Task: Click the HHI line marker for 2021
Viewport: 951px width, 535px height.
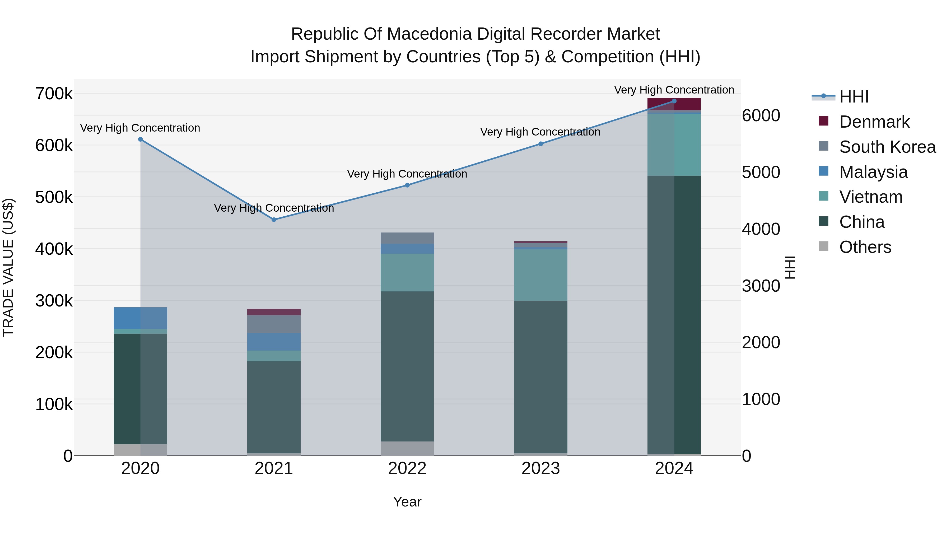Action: [274, 220]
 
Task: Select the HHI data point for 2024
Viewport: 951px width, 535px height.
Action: [674, 101]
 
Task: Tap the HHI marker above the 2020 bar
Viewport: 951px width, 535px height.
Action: [140, 139]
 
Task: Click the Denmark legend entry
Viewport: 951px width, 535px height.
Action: [874, 122]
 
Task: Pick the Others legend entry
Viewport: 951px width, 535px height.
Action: [865, 247]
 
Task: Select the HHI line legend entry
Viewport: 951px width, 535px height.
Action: [854, 97]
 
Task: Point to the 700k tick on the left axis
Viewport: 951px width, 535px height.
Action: [54, 94]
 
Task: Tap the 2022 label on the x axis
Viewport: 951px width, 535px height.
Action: [407, 468]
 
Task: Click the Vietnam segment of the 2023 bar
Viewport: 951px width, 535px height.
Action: [540, 275]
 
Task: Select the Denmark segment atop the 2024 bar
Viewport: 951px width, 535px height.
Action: [674, 104]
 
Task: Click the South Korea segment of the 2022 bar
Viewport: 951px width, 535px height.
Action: [407, 238]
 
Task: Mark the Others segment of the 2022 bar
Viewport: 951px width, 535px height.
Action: [407, 448]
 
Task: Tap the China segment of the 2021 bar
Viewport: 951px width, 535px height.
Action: [274, 406]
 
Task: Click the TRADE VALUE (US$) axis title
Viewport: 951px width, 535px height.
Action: [8, 267]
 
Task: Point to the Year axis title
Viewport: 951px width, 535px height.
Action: [407, 502]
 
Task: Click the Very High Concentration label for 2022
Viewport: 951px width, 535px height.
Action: [407, 174]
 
